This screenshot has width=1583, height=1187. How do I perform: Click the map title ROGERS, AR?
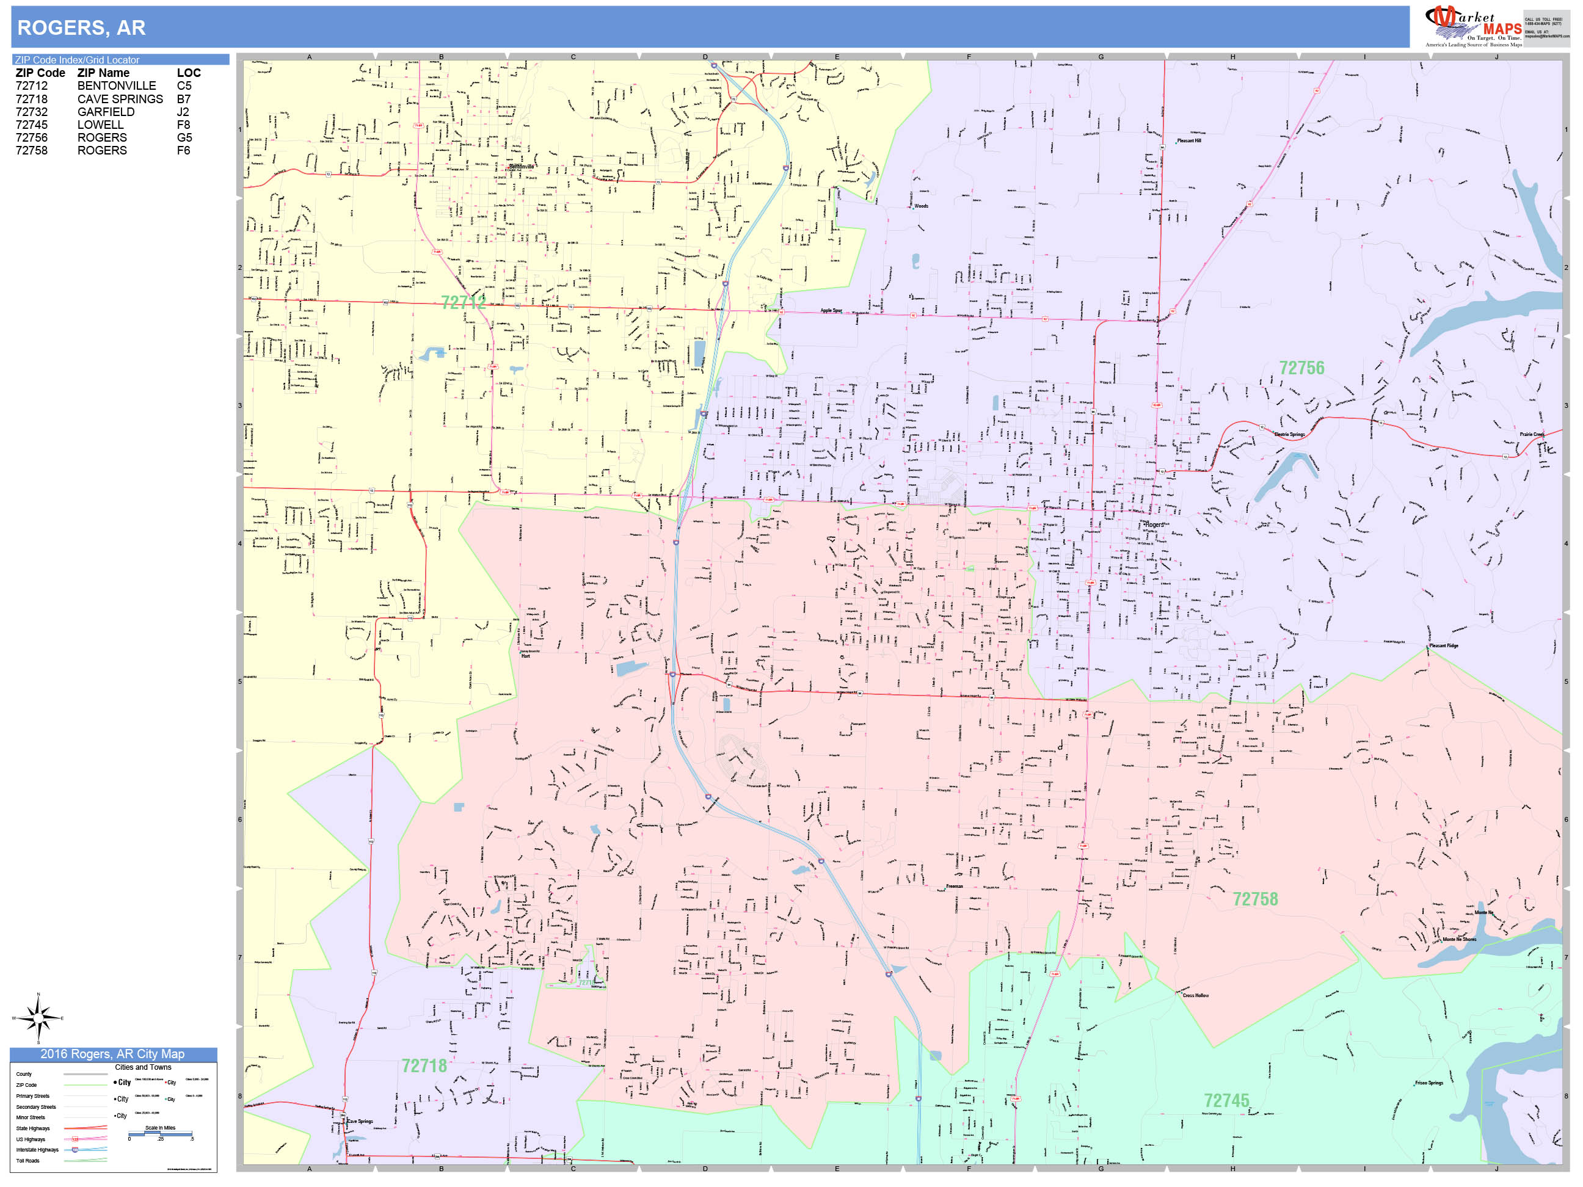81,28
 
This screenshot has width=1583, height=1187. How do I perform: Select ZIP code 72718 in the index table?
32,99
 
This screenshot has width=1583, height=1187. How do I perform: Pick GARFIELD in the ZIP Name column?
106,112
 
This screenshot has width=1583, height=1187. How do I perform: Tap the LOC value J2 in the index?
183,112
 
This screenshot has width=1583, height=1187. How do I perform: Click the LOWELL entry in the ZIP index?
100,125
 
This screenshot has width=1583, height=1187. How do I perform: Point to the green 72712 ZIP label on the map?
463,303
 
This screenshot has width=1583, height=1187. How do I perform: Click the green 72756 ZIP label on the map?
1301,368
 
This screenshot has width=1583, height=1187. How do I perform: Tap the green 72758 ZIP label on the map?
1254,899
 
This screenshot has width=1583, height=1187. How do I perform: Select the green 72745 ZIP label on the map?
1226,1100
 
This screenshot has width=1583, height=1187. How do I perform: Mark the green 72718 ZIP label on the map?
424,1065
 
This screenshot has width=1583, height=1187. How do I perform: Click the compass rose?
38,1017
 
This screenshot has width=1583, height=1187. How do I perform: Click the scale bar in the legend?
160,1133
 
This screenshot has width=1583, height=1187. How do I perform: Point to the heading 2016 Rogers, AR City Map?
112,1054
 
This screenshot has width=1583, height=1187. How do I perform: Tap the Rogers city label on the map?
1154,525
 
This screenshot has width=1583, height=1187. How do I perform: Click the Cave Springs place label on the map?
360,1121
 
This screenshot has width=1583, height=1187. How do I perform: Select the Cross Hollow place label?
1195,995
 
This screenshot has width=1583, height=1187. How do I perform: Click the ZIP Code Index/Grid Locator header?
78,60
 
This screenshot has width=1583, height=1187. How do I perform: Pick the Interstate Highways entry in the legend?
37,1150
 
